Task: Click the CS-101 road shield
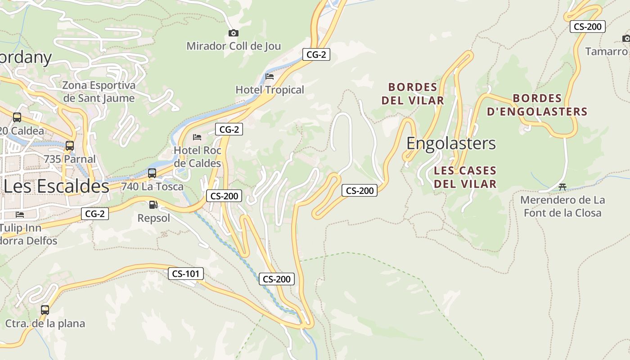pyautogui.click(x=186, y=274)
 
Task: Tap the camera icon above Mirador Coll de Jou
pyautogui.click(x=233, y=33)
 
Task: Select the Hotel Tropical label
pyautogui.click(x=270, y=90)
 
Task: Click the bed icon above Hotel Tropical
pyautogui.click(x=270, y=76)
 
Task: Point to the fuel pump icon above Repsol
pyautogui.click(x=153, y=205)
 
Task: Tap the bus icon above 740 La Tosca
pyautogui.click(x=152, y=173)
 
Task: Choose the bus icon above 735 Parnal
pyautogui.click(x=70, y=146)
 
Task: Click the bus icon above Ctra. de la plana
pyautogui.click(x=45, y=310)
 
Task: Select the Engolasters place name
pyautogui.click(x=451, y=143)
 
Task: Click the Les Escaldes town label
pyautogui.click(x=56, y=186)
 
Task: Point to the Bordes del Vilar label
pyautogui.click(x=413, y=94)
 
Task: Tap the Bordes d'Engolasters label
pyautogui.click(x=537, y=105)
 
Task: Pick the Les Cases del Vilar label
pyautogui.click(x=465, y=177)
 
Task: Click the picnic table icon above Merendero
pyautogui.click(x=562, y=187)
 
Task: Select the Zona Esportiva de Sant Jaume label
pyautogui.click(x=99, y=92)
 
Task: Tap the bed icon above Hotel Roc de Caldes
pyautogui.click(x=197, y=137)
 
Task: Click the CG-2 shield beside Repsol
pyautogui.click(x=95, y=214)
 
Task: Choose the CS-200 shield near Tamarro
pyautogui.click(x=588, y=27)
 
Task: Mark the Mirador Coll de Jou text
pyautogui.click(x=234, y=46)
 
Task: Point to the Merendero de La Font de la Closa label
pyautogui.click(x=562, y=206)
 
